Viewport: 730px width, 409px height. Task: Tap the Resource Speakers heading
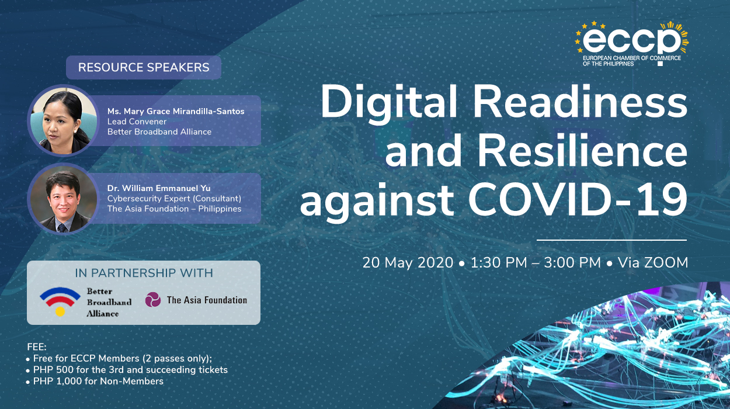144,67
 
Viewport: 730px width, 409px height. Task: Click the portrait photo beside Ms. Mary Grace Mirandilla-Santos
64,121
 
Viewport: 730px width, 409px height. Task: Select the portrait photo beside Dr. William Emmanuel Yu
64,199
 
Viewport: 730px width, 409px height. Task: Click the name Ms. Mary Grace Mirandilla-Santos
176,111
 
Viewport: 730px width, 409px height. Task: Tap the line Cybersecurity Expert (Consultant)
174,199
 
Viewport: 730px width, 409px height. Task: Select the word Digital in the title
390,103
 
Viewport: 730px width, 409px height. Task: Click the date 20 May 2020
408,263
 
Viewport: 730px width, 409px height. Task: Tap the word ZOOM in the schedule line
666,263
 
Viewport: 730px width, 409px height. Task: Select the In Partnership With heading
144,273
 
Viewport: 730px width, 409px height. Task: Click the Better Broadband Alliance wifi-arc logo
60,300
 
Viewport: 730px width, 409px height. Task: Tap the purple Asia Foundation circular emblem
153,300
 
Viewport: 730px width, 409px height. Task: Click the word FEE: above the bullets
37,347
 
